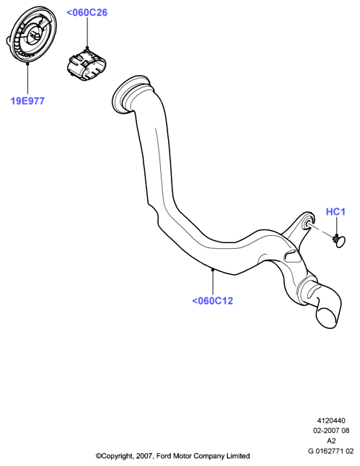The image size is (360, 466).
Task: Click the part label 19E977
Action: [x=27, y=101]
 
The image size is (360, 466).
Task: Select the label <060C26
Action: [x=87, y=12]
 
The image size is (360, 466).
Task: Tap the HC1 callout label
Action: [x=335, y=211]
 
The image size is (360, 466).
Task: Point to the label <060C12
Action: [x=212, y=301]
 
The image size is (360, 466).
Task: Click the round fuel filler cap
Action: [x=31, y=35]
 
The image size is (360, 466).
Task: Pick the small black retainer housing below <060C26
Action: [x=87, y=65]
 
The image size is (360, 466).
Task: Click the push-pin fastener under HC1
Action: [x=339, y=239]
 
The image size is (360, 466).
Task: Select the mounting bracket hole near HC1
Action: [x=307, y=224]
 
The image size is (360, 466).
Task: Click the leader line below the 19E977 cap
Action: [x=27, y=79]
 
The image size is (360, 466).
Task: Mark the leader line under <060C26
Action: [x=87, y=32]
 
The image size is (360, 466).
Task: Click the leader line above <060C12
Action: [x=213, y=282]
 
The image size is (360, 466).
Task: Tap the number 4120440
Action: [x=331, y=421]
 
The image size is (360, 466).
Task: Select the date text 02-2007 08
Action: [x=331, y=431]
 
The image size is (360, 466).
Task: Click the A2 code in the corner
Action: [x=331, y=441]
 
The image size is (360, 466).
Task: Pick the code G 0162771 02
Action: [x=331, y=451]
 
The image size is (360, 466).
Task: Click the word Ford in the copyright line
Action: [x=164, y=456]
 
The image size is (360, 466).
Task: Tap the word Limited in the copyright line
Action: [x=239, y=456]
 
